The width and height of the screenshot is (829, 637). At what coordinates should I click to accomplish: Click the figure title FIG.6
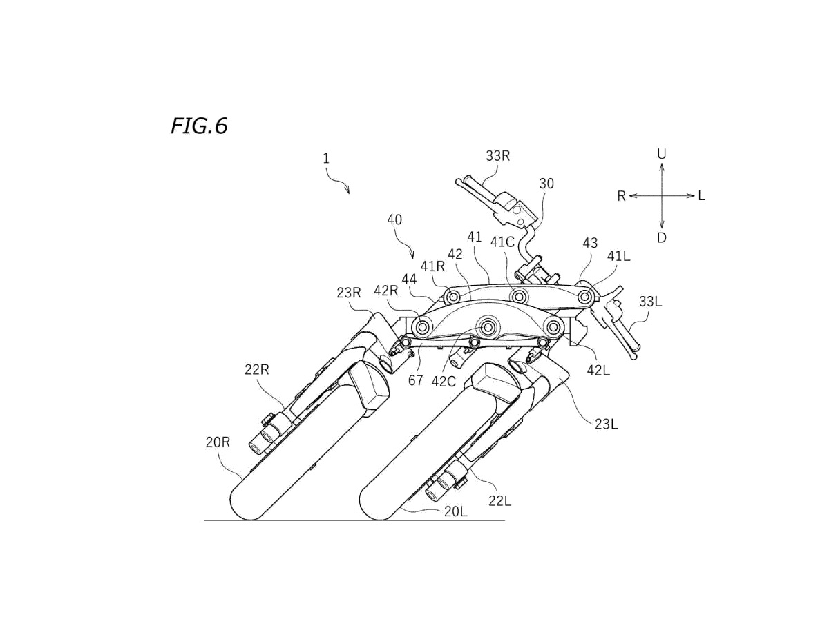pos(199,126)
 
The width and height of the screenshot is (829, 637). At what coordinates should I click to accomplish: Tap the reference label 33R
pos(497,156)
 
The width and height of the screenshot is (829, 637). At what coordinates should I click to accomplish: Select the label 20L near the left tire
pos(455,511)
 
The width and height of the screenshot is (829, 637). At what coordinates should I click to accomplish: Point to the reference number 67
pos(415,380)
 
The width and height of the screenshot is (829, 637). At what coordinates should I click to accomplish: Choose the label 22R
pos(256,370)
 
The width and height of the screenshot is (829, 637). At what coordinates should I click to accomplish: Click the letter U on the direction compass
pos(661,155)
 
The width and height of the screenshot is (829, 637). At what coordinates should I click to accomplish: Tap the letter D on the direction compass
pos(662,238)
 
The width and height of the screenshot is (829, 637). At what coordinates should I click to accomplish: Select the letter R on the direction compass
pos(621,197)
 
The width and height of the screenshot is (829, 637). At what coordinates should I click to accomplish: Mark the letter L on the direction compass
pos(701,196)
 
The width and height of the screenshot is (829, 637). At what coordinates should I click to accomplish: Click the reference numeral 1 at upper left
pos(326,159)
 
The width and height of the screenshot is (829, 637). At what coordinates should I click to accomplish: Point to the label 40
pos(394,220)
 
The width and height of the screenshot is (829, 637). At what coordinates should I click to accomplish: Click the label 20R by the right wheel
pos(218,442)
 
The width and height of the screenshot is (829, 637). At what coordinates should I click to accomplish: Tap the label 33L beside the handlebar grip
pos(651,301)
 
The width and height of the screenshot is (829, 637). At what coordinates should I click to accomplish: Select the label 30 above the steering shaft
pos(546,184)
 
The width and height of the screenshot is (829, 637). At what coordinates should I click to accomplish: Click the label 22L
pos(499,501)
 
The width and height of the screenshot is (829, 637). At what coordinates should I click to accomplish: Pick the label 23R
pos(350,292)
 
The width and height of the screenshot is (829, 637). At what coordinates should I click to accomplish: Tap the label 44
pos(410,279)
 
